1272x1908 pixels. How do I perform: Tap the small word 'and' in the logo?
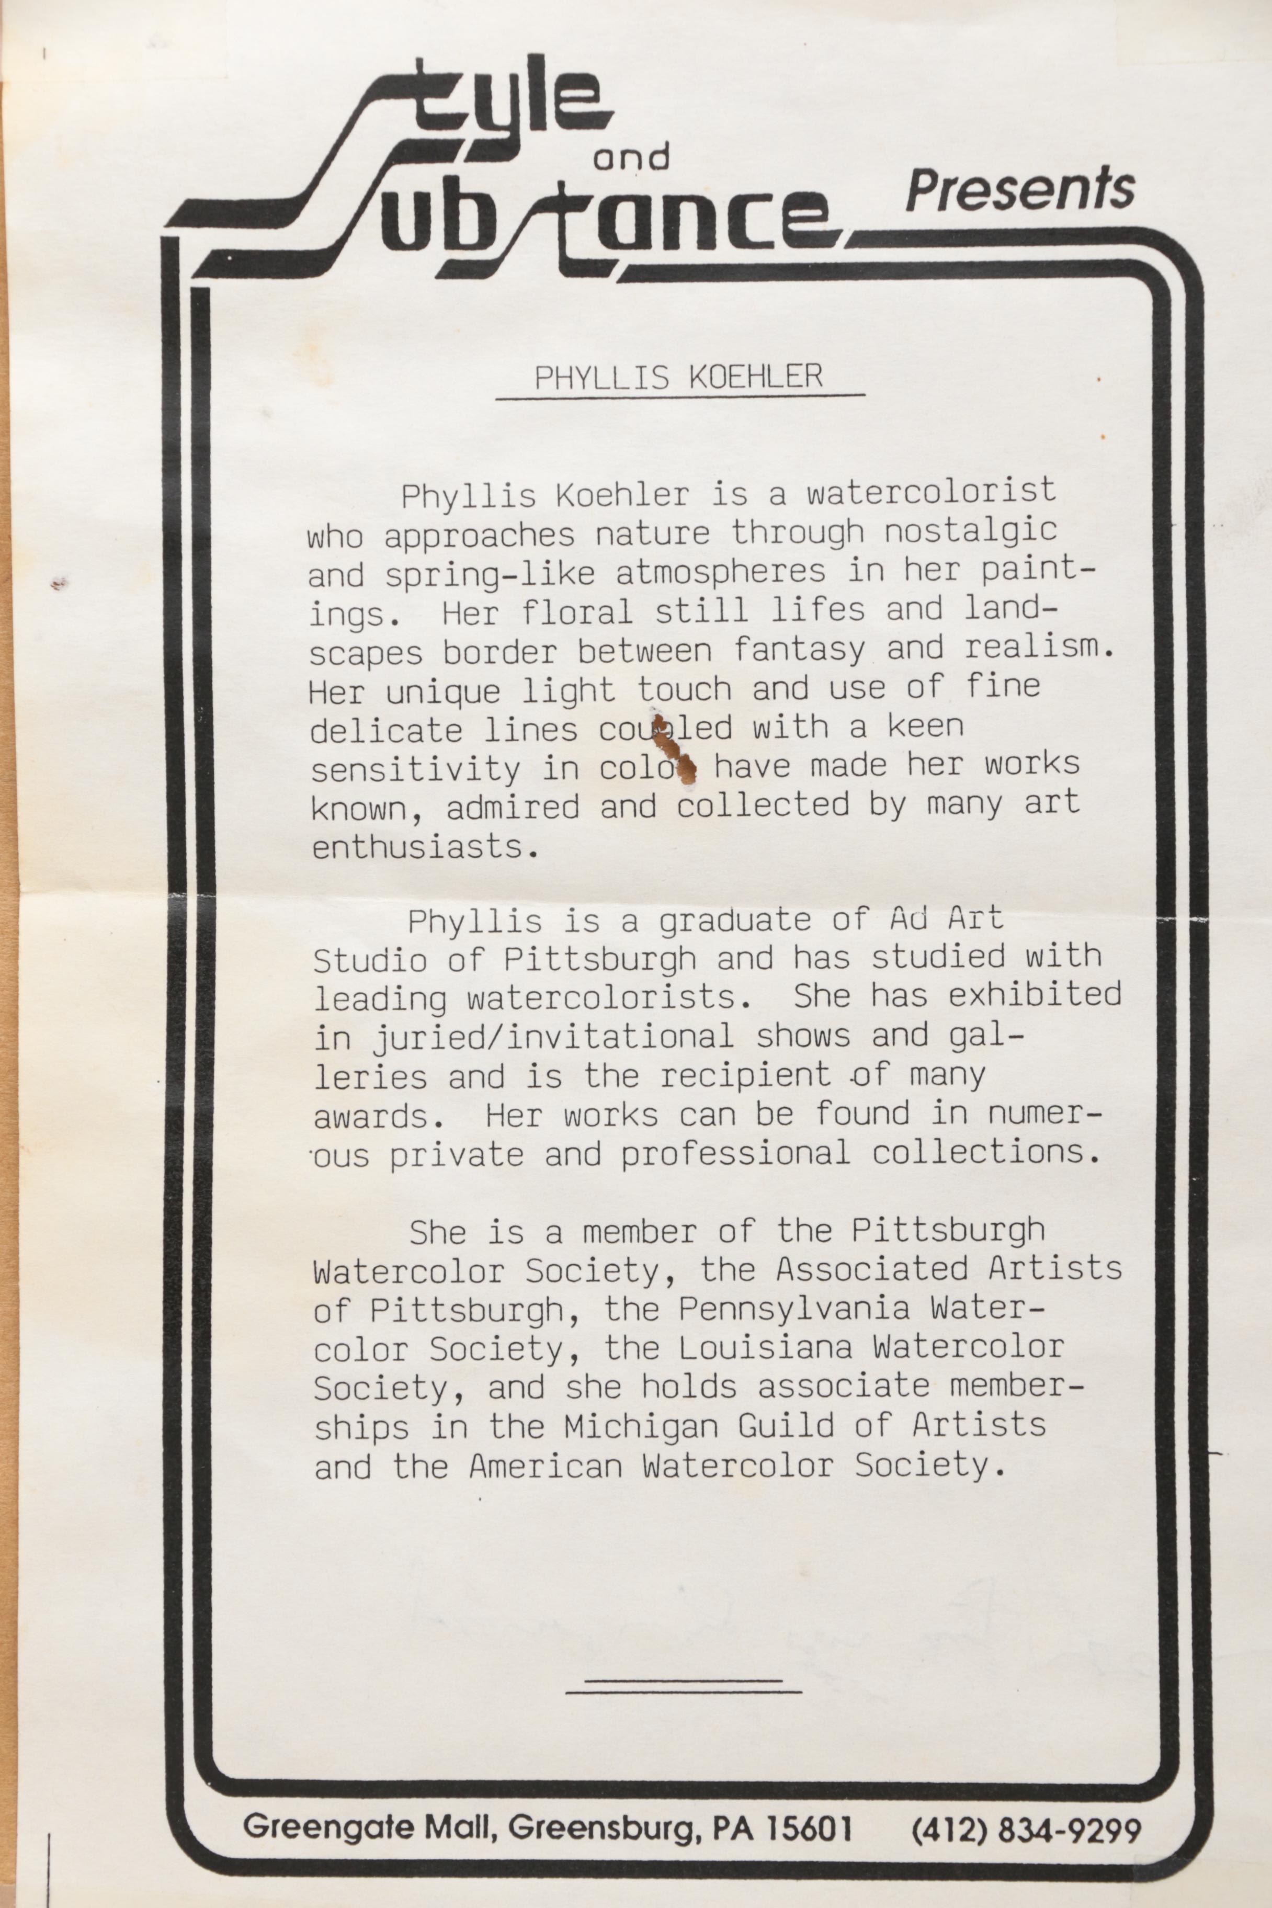point(631,156)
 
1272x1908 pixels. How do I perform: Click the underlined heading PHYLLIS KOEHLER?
point(678,377)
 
